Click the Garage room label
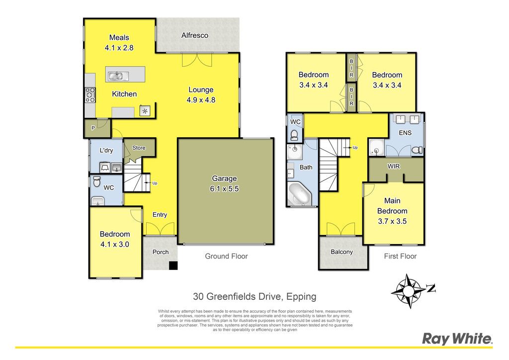(224, 179)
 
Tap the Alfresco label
(195, 35)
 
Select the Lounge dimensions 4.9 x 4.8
(201, 100)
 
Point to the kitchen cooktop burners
(90, 95)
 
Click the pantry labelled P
(93, 128)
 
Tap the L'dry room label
(106, 150)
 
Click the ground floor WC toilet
(96, 182)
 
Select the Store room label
(139, 148)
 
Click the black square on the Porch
(173, 266)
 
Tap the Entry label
(160, 215)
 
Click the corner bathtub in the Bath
(300, 194)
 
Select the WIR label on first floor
(394, 167)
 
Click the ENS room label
(405, 133)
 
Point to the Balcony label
(342, 252)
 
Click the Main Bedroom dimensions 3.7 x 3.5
(392, 221)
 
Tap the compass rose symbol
(409, 291)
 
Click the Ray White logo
(457, 339)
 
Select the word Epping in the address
(302, 297)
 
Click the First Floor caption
(400, 256)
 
